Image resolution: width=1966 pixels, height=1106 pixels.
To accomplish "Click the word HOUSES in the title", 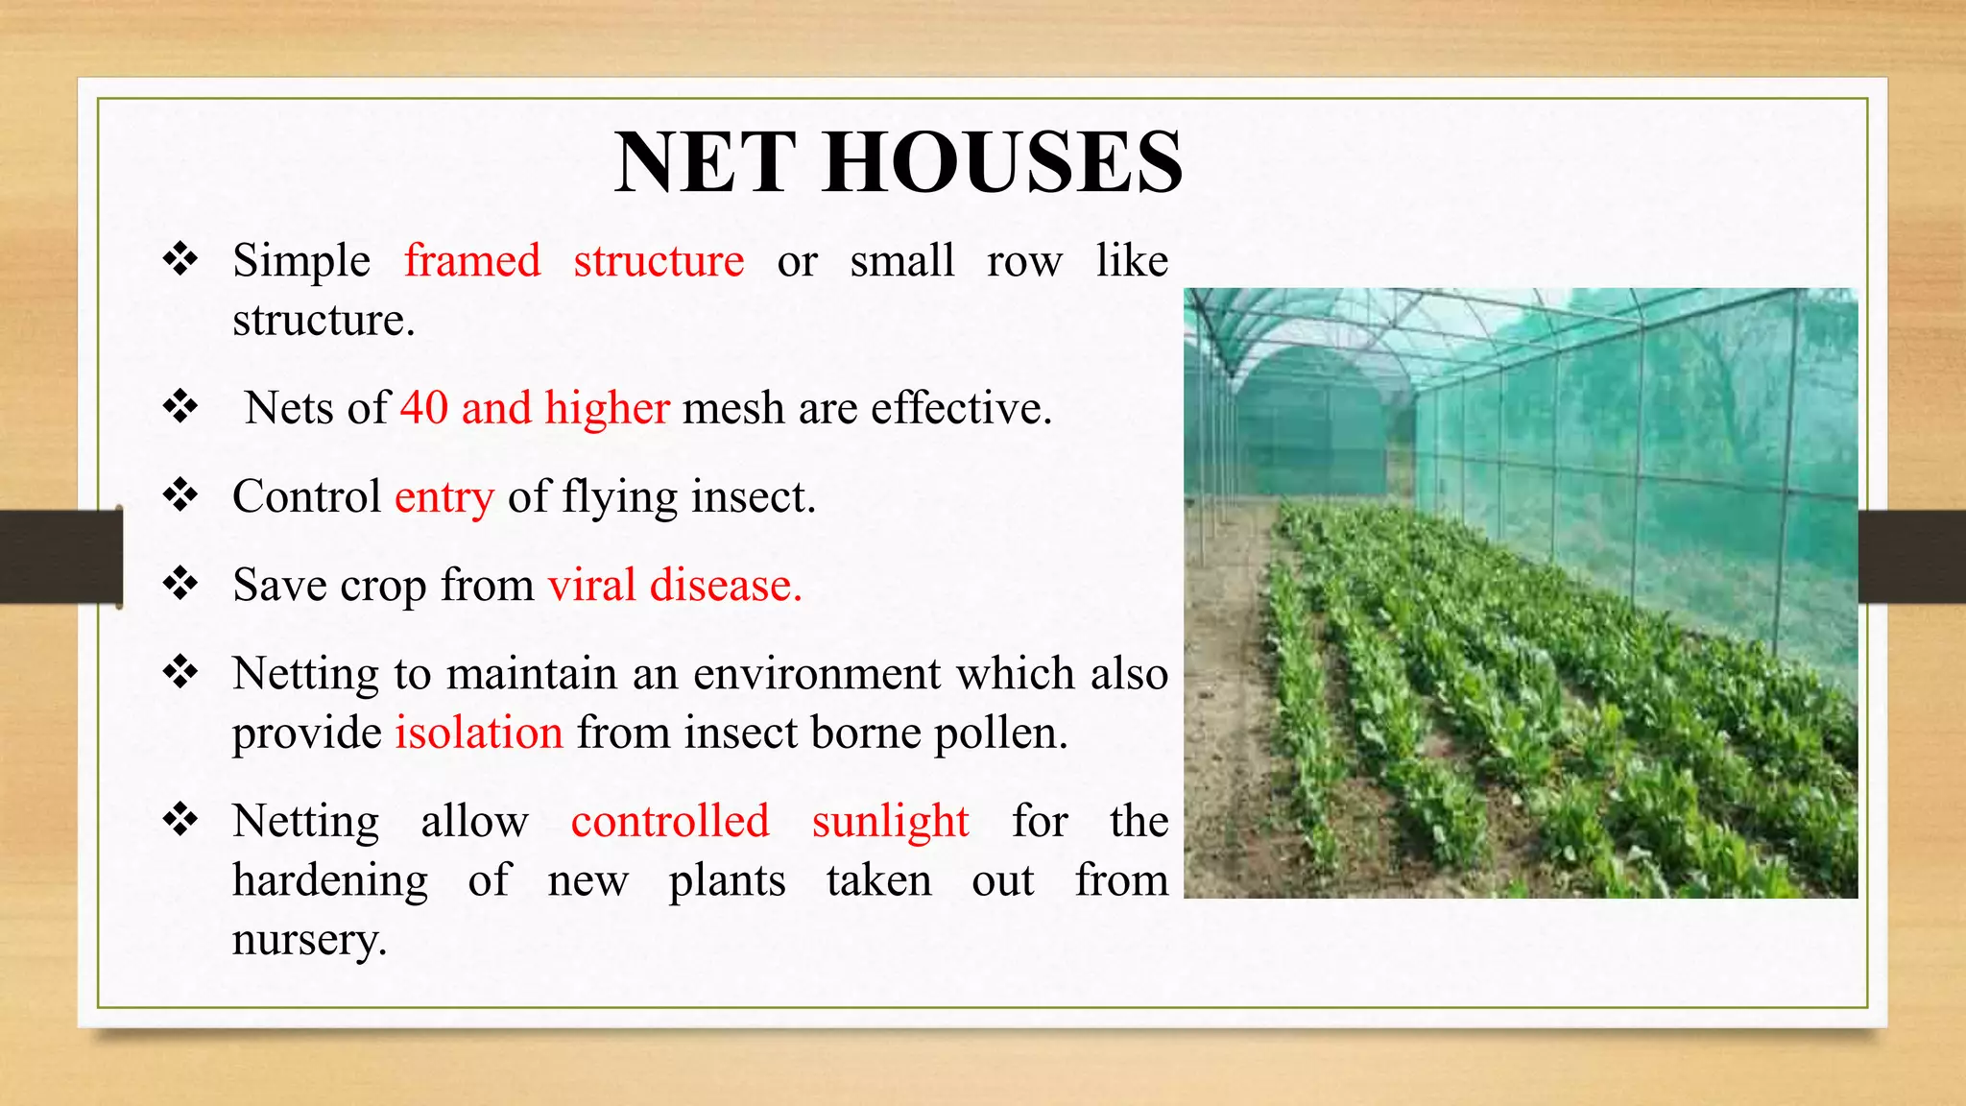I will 1002,162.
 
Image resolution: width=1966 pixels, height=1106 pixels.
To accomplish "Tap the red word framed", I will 472,261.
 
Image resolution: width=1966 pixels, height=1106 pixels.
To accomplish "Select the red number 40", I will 424,408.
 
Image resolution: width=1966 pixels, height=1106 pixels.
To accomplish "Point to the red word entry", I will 444,497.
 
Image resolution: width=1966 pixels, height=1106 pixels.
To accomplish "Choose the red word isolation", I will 478,733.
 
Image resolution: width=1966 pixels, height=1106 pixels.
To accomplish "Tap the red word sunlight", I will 890,823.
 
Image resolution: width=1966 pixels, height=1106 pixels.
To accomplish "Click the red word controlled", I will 670,822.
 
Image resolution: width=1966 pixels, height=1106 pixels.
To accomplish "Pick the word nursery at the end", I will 308,940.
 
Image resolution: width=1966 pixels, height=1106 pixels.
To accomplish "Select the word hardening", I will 330,881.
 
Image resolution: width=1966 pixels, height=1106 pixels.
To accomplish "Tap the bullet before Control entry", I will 180,496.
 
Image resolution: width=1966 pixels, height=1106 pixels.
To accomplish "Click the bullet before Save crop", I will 180,584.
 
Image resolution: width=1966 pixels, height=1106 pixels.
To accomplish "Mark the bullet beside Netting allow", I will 180,821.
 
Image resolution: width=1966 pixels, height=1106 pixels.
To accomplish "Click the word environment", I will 816,674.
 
